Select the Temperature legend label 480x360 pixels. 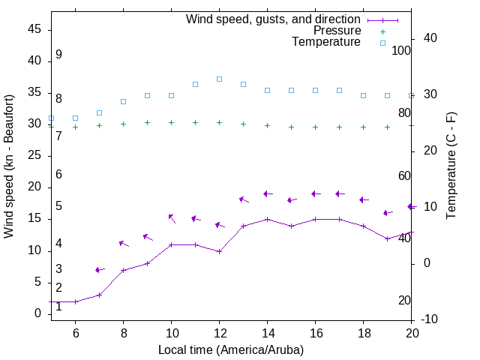tap(326, 42)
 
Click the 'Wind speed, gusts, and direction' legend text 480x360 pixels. tap(274, 19)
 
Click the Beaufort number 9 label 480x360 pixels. tap(58, 55)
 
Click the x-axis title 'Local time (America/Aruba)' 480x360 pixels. tap(231, 349)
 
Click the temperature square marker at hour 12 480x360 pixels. tap(219, 79)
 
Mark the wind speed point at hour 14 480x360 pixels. tap(267, 219)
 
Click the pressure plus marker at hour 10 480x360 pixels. tap(171, 122)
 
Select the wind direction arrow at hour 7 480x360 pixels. tap(99, 270)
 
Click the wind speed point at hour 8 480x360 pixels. tap(123, 270)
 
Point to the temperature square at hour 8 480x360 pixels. tap(123, 101)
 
